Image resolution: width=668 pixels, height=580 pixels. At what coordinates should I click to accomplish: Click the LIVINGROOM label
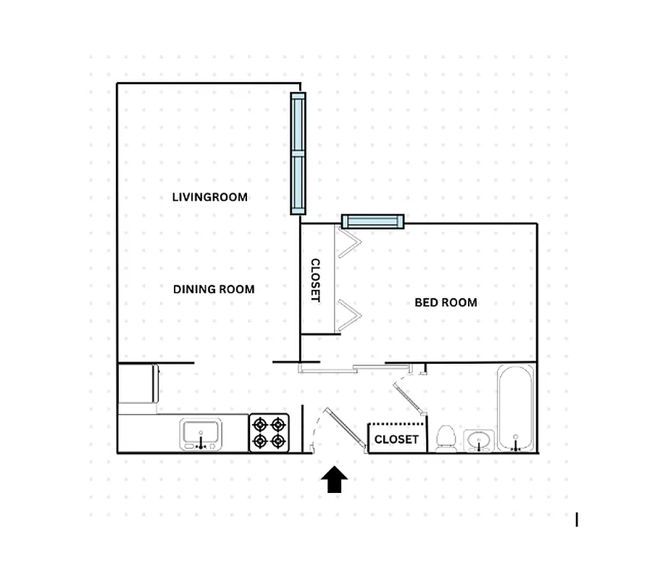(209, 197)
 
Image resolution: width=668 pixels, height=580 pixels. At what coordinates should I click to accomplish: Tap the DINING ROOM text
(214, 289)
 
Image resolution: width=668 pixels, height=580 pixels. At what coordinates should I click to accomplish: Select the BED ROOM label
(446, 302)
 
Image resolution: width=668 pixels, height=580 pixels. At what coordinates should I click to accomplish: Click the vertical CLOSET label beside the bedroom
(316, 280)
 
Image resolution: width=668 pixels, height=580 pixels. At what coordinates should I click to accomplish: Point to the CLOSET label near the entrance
(396, 439)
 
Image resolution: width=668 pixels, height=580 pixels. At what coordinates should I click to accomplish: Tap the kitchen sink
(201, 436)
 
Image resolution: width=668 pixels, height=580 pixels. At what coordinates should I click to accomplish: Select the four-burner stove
(269, 433)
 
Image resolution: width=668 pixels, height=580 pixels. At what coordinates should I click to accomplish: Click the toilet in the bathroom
(446, 439)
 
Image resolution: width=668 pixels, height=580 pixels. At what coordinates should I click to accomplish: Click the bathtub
(516, 407)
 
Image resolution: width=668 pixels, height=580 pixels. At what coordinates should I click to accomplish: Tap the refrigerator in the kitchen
(138, 384)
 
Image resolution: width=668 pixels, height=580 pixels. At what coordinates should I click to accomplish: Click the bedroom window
(372, 221)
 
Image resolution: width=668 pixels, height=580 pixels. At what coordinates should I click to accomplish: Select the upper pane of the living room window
(298, 123)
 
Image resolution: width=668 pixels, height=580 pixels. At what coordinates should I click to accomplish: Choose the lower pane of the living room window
(298, 183)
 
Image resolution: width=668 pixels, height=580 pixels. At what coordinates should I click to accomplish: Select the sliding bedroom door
(328, 370)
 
